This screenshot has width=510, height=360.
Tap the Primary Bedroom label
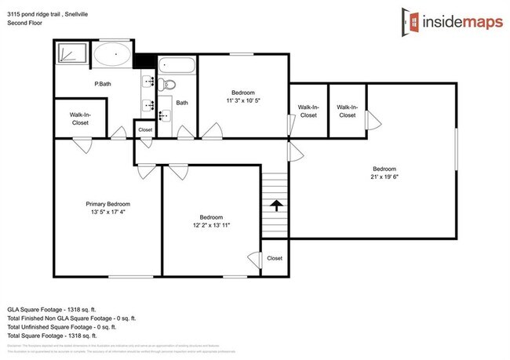pyautogui.click(x=107, y=204)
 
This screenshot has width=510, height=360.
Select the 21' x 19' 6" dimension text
pyautogui.click(x=384, y=176)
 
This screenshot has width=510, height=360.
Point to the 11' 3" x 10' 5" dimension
pyautogui.click(x=242, y=100)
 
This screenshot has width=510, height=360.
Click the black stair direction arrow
pyautogui.click(x=275, y=205)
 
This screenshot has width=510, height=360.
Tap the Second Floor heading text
pyautogui.click(x=24, y=23)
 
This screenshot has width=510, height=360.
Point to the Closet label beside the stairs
pyautogui.click(x=274, y=258)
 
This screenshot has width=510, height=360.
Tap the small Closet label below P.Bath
pyautogui.click(x=145, y=129)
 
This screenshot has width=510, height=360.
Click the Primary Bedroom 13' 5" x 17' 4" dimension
pyautogui.click(x=107, y=212)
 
